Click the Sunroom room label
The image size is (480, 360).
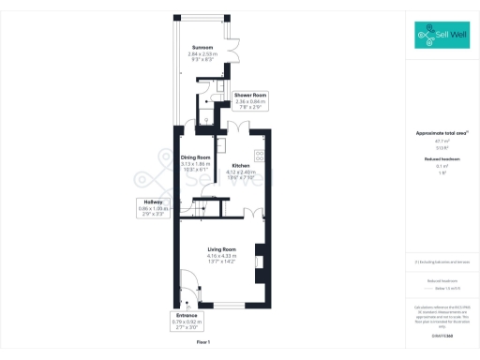pos(202,47)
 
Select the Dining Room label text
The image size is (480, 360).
pos(197,157)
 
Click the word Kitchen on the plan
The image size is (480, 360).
pos(242,165)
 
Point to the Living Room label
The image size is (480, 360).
pos(221,248)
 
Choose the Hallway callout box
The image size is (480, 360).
pos(153,208)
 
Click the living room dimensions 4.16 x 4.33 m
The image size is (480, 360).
pos(221,256)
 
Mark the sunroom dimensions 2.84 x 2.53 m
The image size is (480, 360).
pos(202,54)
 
